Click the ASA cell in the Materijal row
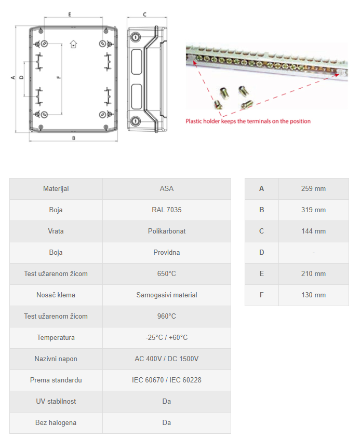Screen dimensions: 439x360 [x=166, y=189]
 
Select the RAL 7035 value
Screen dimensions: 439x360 [x=166, y=210]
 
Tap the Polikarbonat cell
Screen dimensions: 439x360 [x=166, y=231]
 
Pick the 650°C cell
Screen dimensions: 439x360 [x=166, y=274]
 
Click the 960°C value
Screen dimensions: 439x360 [x=166, y=317]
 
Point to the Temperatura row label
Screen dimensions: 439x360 [x=56, y=338]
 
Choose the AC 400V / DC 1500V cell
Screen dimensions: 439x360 [x=166, y=359]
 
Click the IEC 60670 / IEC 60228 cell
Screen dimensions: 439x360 [x=166, y=380]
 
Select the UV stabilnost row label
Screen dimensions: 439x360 [x=56, y=402]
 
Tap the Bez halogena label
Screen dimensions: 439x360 [x=56, y=423]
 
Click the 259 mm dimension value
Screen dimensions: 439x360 [x=313, y=189]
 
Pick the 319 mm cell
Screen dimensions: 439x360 [x=313, y=210]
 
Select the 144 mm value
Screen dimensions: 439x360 [x=313, y=231]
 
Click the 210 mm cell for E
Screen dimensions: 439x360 [x=313, y=274]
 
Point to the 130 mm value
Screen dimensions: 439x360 [x=313, y=295]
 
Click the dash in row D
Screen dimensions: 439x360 [x=313, y=253]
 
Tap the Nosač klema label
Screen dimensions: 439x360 [x=56, y=295]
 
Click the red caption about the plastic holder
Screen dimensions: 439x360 [x=248, y=121]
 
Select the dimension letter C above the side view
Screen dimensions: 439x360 [x=144, y=14]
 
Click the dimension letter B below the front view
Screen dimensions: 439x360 [x=74, y=138]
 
